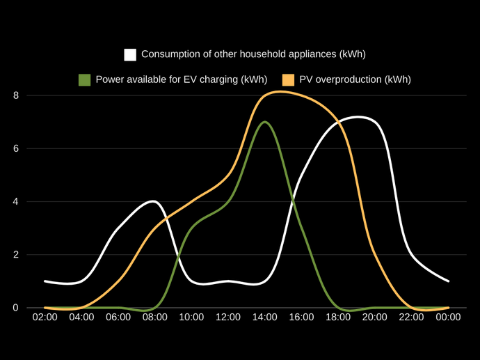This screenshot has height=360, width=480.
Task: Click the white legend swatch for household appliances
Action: click(x=130, y=54)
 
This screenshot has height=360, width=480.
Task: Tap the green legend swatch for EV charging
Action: click(x=85, y=80)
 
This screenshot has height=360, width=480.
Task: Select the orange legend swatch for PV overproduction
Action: click(x=288, y=80)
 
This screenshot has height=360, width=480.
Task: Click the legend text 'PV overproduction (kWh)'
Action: click(x=355, y=80)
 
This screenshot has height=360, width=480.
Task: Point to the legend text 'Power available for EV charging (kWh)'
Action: click(x=177, y=80)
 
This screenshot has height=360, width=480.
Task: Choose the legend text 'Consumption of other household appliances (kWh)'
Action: click(x=253, y=54)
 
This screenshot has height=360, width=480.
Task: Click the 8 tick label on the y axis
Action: click(x=15, y=95)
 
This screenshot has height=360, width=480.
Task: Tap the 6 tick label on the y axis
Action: click(x=15, y=148)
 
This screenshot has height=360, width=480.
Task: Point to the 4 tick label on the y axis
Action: click(x=15, y=202)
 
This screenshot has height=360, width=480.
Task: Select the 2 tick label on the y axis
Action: click(x=15, y=255)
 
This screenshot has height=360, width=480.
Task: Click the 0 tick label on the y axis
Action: click(x=15, y=308)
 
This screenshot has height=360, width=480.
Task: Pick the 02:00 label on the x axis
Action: click(x=45, y=318)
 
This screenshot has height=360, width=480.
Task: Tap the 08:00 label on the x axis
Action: click(x=155, y=318)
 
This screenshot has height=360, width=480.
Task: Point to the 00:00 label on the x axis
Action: click(x=448, y=318)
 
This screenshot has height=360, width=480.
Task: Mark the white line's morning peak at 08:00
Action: click(x=154, y=201)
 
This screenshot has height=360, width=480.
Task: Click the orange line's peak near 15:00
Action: click(x=281, y=91)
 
